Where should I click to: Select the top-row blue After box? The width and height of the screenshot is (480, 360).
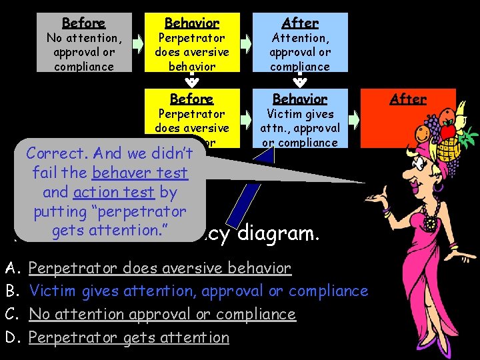(x=300, y=42)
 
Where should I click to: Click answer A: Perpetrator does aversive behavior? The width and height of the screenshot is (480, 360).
(x=160, y=269)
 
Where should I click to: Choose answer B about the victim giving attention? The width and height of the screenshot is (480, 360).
(x=199, y=291)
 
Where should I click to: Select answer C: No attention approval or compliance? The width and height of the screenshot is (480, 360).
(x=162, y=314)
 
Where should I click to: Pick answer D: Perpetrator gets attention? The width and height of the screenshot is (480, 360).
(x=129, y=337)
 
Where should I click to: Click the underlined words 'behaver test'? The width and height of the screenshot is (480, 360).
(x=140, y=173)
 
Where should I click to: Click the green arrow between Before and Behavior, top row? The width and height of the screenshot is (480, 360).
(x=137, y=43)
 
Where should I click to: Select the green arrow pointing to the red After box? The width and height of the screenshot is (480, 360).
(x=354, y=119)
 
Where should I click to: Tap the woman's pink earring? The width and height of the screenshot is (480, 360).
(x=437, y=187)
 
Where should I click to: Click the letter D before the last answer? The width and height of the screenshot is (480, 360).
(x=11, y=337)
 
